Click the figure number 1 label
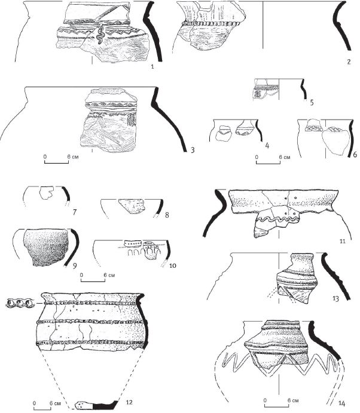152,66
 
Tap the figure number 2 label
349,62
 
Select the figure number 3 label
193,150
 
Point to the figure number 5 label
312,102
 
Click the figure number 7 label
75,212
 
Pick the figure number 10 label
173,265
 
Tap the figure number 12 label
129,402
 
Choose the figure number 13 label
335,299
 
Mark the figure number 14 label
341,403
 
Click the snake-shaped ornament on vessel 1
100,34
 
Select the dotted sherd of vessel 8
132,207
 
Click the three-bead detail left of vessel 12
20,304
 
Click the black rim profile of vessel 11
215,213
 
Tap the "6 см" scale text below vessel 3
73,157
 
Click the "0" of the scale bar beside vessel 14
265,400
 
